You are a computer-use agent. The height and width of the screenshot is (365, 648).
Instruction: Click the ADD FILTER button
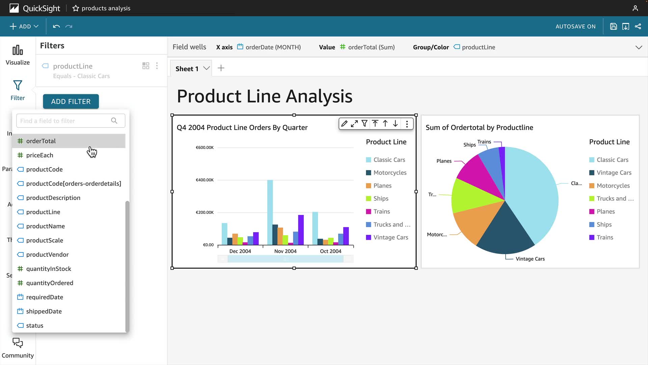pyautogui.click(x=71, y=101)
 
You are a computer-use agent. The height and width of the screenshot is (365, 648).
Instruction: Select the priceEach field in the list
pyautogui.click(x=39, y=155)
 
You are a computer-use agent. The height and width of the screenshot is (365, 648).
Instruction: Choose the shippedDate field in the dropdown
pyautogui.click(x=44, y=311)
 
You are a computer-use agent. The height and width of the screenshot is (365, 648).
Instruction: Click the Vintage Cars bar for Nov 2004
pyautogui.click(x=301, y=230)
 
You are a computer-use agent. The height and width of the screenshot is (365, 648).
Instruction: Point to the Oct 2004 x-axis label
pyautogui.click(x=330, y=251)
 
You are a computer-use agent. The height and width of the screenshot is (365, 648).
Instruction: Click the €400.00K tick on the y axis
pyautogui.click(x=205, y=180)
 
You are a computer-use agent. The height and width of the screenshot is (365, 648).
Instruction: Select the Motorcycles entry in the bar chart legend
pyautogui.click(x=390, y=173)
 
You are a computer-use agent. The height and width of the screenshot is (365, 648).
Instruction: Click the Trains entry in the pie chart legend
pyautogui.click(x=604, y=238)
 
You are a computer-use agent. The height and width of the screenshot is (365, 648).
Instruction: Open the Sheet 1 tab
pyautogui.click(x=187, y=69)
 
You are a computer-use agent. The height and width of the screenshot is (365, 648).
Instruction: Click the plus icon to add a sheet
pyautogui.click(x=221, y=68)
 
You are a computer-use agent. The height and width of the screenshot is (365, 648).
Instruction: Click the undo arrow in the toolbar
pyautogui.click(x=56, y=26)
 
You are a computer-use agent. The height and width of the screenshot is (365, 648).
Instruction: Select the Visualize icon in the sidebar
pyautogui.click(x=18, y=55)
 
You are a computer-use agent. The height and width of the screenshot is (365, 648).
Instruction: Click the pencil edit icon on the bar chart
pyautogui.click(x=344, y=124)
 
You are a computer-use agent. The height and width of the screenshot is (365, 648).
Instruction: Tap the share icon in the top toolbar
pyautogui.click(x=638, y=26)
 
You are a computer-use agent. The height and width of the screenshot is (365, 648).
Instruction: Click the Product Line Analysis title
pyautogui.click(x=265, y=96)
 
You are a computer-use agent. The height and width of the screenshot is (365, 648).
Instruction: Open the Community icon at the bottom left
pyautogui.click(x=18, y=347)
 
